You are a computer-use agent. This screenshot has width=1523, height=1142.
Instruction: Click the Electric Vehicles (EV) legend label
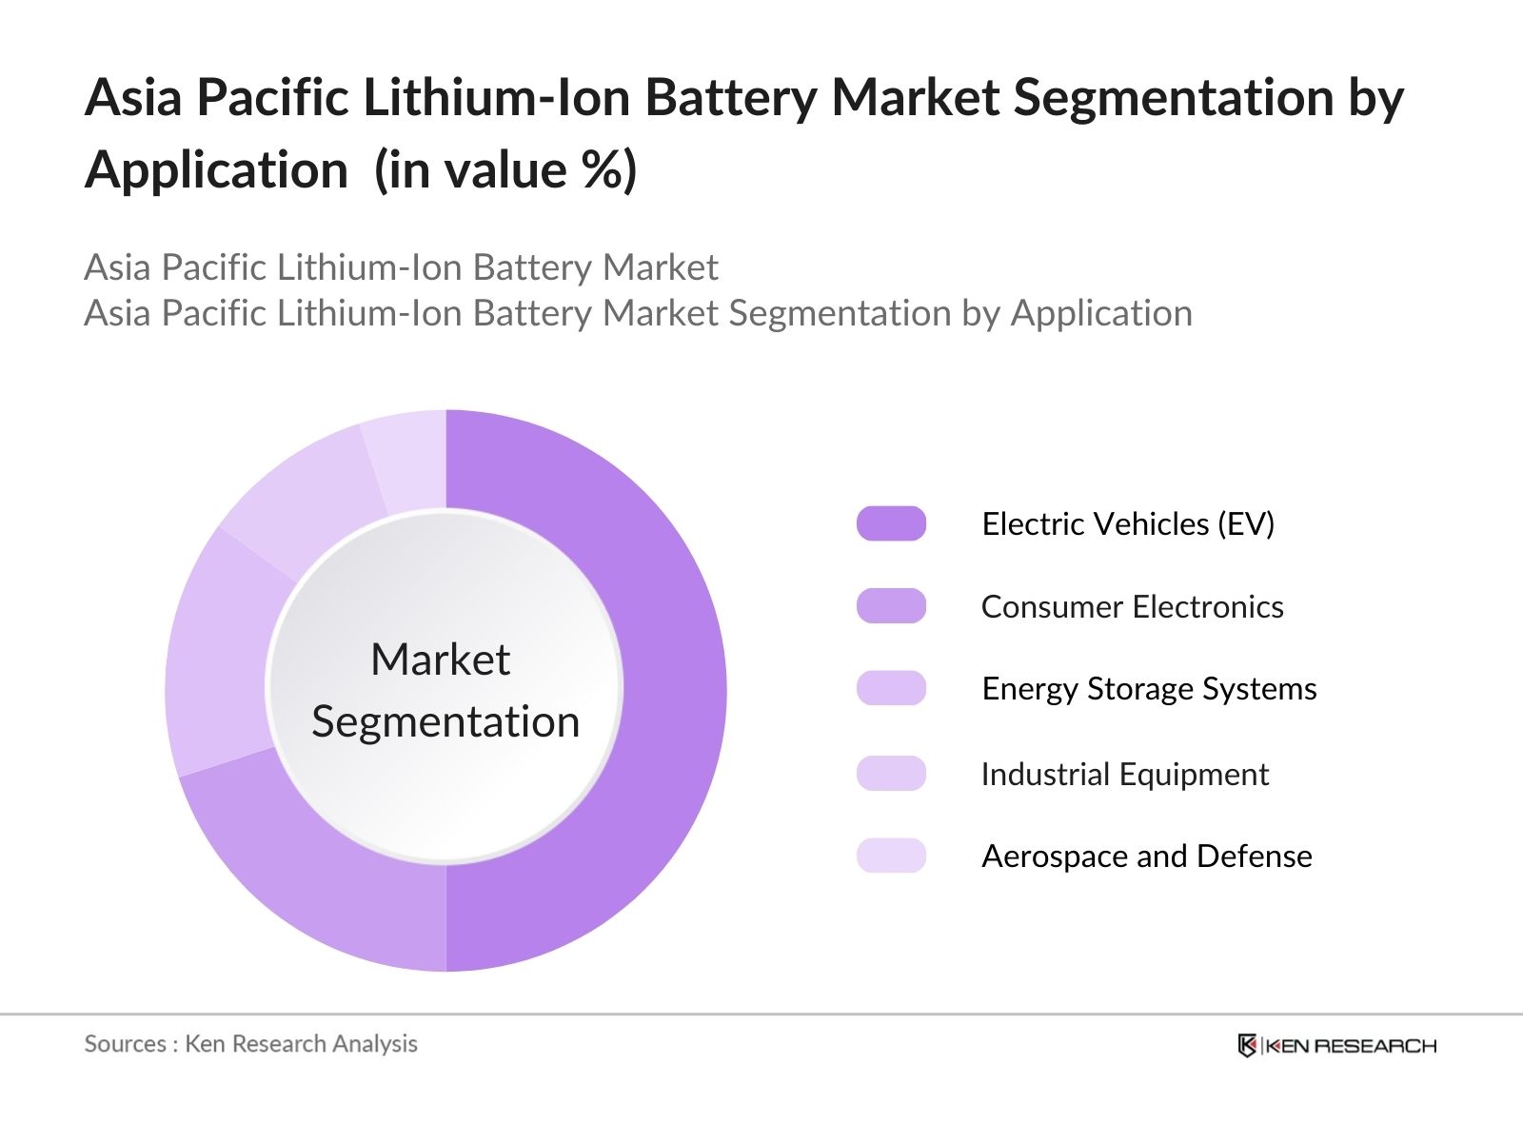point(1128,523)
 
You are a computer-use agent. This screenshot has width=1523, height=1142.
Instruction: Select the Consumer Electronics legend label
point(1132,606)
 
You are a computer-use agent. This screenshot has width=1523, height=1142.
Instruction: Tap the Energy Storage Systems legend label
point(1149,688)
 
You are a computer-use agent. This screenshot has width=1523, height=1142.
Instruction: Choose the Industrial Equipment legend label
point(1124,774)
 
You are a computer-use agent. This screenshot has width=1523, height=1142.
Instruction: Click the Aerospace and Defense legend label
point(1146,856)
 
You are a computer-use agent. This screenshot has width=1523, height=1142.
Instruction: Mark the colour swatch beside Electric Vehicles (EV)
point(891,523)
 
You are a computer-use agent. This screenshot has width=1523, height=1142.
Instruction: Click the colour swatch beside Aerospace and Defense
point(891,856)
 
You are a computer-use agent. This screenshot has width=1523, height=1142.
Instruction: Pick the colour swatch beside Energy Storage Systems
point(891,688)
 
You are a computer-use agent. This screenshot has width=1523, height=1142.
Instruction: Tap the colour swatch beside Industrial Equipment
point(891,774)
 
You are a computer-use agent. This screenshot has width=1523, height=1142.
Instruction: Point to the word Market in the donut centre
point(440,659)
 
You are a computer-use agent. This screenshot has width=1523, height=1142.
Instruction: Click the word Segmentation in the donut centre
point(445,721)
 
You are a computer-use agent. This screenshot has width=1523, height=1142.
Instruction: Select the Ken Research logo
point(1336,1046)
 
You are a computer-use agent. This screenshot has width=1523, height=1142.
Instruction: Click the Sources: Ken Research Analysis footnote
point(251,1044)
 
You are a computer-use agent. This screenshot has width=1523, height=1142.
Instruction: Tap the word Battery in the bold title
point(729,97)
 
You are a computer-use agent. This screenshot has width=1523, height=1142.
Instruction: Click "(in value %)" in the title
point(505,170)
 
